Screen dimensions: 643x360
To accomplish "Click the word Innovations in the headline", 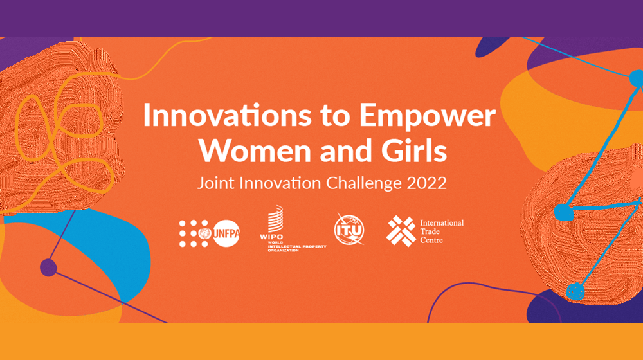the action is (227, 115).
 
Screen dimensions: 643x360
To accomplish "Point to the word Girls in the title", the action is (414, 150).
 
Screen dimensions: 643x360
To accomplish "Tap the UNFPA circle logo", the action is (226, 233).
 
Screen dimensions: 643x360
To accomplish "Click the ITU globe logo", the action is (349, 230).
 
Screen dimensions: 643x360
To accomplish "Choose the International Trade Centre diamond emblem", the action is (401, 231).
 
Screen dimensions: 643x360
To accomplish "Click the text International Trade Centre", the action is (442, 231).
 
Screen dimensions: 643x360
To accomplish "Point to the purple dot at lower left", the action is (48, 267).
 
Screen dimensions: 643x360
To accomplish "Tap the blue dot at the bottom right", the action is (575, 291).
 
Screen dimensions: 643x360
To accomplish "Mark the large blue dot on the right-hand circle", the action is (563, 212).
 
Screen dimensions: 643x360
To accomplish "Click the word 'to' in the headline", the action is (336, 116).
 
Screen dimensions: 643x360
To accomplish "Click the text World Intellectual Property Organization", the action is (297, 246).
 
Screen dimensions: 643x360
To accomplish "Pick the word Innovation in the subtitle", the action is (280, 183).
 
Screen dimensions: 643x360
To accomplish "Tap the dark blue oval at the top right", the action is (492, 46).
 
